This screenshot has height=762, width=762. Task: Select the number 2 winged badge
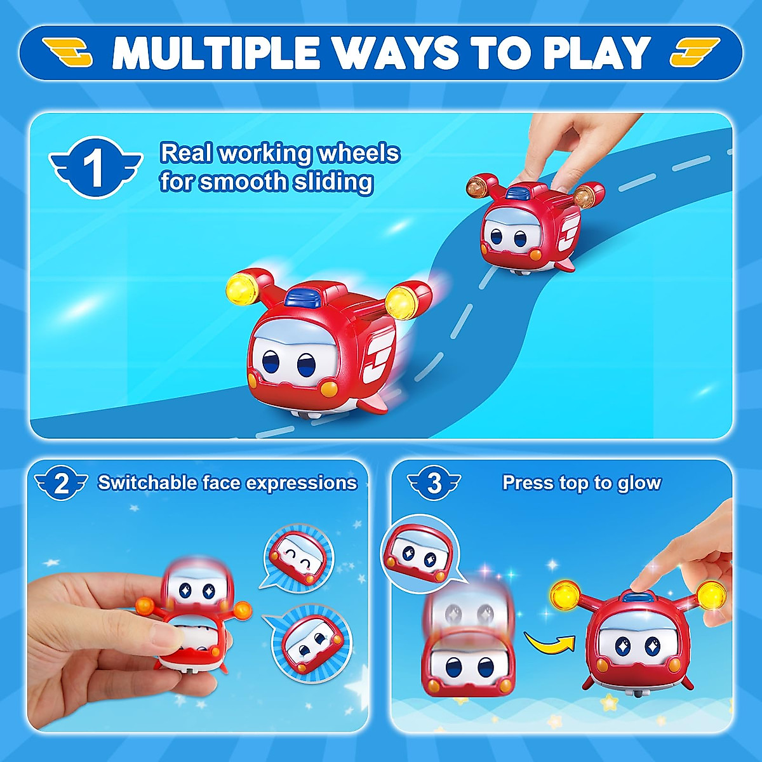coord(61,485)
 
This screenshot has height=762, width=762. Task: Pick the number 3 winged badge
coord(434,484)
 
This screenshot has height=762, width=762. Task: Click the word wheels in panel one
coord(359,154)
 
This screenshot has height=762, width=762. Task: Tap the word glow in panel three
coord(638,483)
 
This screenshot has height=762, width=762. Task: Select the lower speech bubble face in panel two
coord(311,643)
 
